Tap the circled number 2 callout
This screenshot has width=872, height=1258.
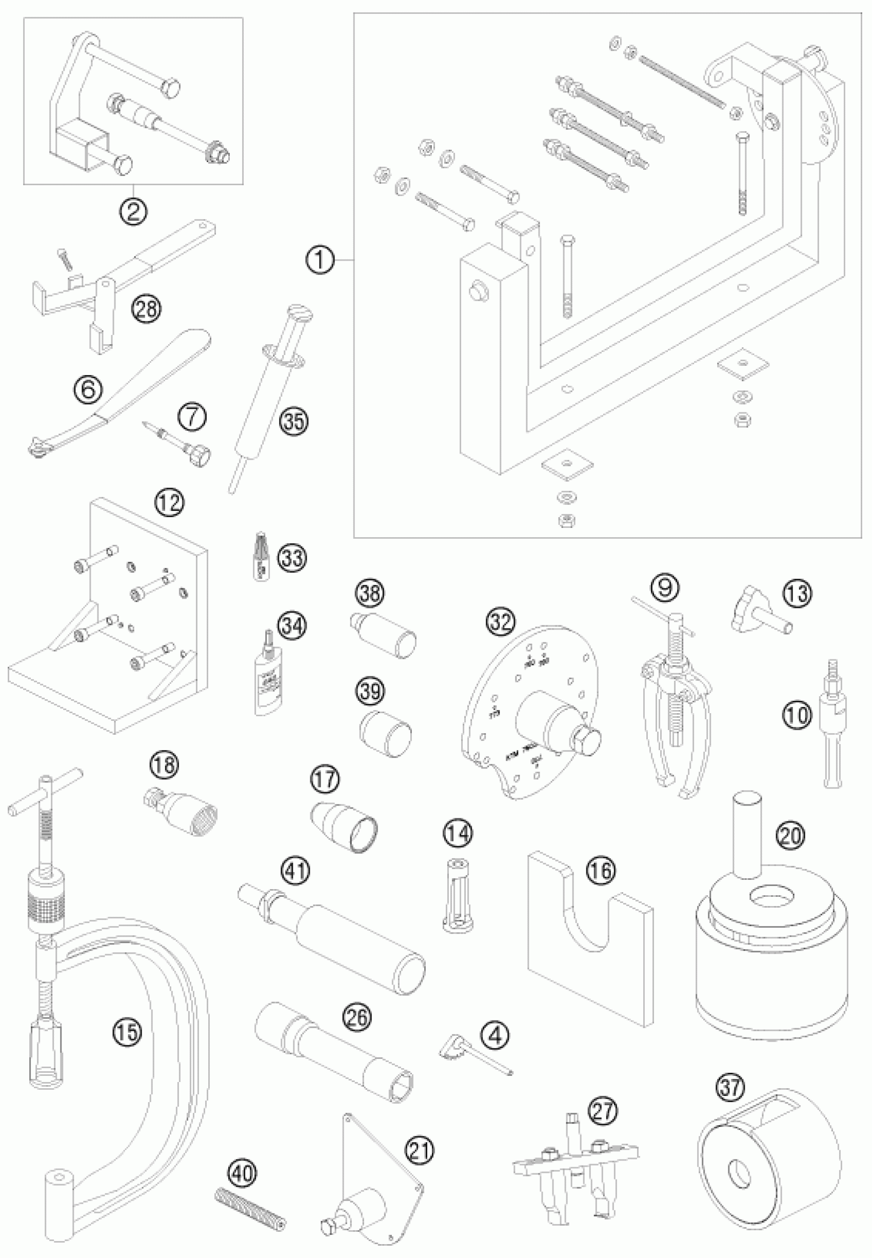click(133, 210)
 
